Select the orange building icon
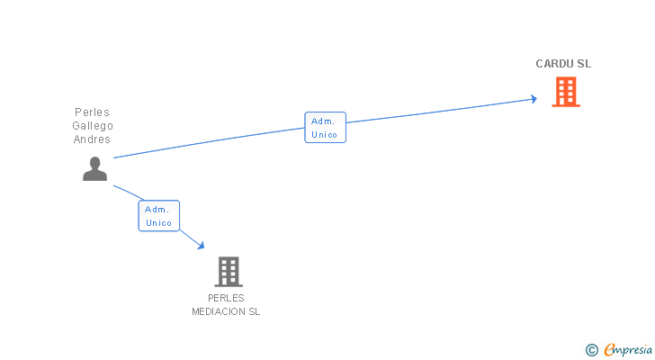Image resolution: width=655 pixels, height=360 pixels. (x=565, y=92)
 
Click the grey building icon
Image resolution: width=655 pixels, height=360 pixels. (x=229, y=271)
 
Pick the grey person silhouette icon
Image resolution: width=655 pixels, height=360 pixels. (x=94, y=168)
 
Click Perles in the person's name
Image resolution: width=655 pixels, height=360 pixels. (x=92, y=112)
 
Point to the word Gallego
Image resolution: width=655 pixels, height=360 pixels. (x=93, y=126)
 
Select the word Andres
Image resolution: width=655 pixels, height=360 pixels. (x=93, y=139)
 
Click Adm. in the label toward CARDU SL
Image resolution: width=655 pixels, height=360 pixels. (x=323, y=121)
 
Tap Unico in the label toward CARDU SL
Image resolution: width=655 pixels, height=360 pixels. (x=325, y=135)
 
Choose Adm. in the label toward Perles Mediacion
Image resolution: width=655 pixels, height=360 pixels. (x=157, y=209)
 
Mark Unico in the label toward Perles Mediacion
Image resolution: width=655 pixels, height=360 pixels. (x=158, y=223)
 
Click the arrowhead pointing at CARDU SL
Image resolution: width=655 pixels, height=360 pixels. (x=533, y=99)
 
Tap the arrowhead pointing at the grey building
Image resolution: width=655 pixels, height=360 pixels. (x=201, y=245)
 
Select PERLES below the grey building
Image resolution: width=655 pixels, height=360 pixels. (x=226, y=298)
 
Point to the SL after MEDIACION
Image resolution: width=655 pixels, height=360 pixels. (x=255, y=311)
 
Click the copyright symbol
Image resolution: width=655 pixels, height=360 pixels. (x=591, y=350)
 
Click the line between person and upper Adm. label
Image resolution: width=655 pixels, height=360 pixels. (x=207, y=143)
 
